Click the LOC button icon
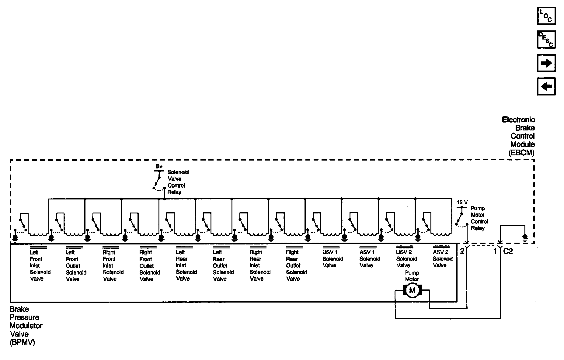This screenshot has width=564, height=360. (x=546, y=16)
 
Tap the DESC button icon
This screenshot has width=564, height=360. (x=546, y=40)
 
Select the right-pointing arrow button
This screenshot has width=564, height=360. (x=546, y=63)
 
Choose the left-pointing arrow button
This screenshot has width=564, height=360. (x=546, y=87)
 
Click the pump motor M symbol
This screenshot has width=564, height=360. (x=412, y=290)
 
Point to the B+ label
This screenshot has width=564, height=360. (x=159, y=167)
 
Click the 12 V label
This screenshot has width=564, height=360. (x=462, y=202)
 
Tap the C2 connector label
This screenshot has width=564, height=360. (x=508, y=251)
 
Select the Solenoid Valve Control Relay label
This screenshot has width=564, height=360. (x=178, y=182)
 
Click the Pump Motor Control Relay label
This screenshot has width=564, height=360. (x=479, y=218)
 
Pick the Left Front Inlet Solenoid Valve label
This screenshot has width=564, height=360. (x=40, y=265)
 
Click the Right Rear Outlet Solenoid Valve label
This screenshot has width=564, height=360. (x=296, y=265)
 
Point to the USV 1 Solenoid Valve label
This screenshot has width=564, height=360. (x=332, y=259)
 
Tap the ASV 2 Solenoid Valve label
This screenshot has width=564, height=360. (x=443, y=259)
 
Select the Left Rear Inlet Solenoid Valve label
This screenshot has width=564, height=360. (x=186, y=265)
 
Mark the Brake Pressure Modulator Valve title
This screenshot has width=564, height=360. (x=26, y=326)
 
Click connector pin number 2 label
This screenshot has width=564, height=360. (x=462, y=251)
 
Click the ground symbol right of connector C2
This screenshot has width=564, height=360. (x=524, y=237)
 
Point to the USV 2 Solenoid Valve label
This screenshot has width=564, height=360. (x=406, y=259)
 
